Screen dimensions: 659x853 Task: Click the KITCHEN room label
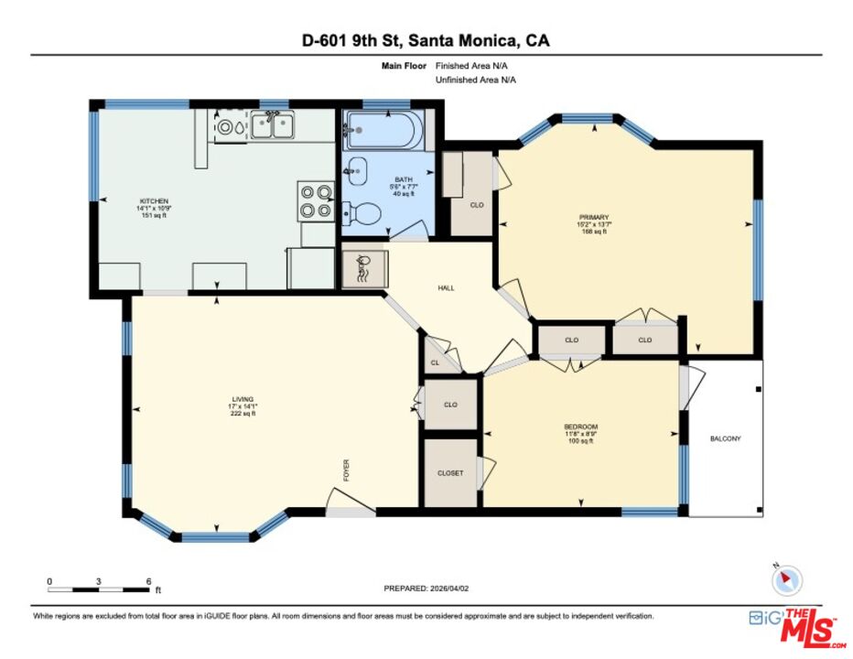tap(154, 200)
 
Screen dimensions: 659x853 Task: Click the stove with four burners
tap(315, 201)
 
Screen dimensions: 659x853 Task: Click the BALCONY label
tap(725, 438)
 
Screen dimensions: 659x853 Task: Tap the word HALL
tap(446, 287)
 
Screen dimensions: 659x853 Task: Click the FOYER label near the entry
tap(346, 470)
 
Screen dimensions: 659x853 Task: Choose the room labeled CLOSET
tap(449, 473)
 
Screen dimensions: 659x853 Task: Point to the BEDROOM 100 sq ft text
tap(580, 441)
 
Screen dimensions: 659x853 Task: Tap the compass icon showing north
tap(786, 580)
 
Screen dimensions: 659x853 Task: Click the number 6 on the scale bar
tap(148, 581)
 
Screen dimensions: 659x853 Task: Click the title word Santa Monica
tap(464, 41)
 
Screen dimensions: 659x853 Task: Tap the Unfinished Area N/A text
tap(475, 80)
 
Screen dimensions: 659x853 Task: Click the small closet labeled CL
tap(435, 363)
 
